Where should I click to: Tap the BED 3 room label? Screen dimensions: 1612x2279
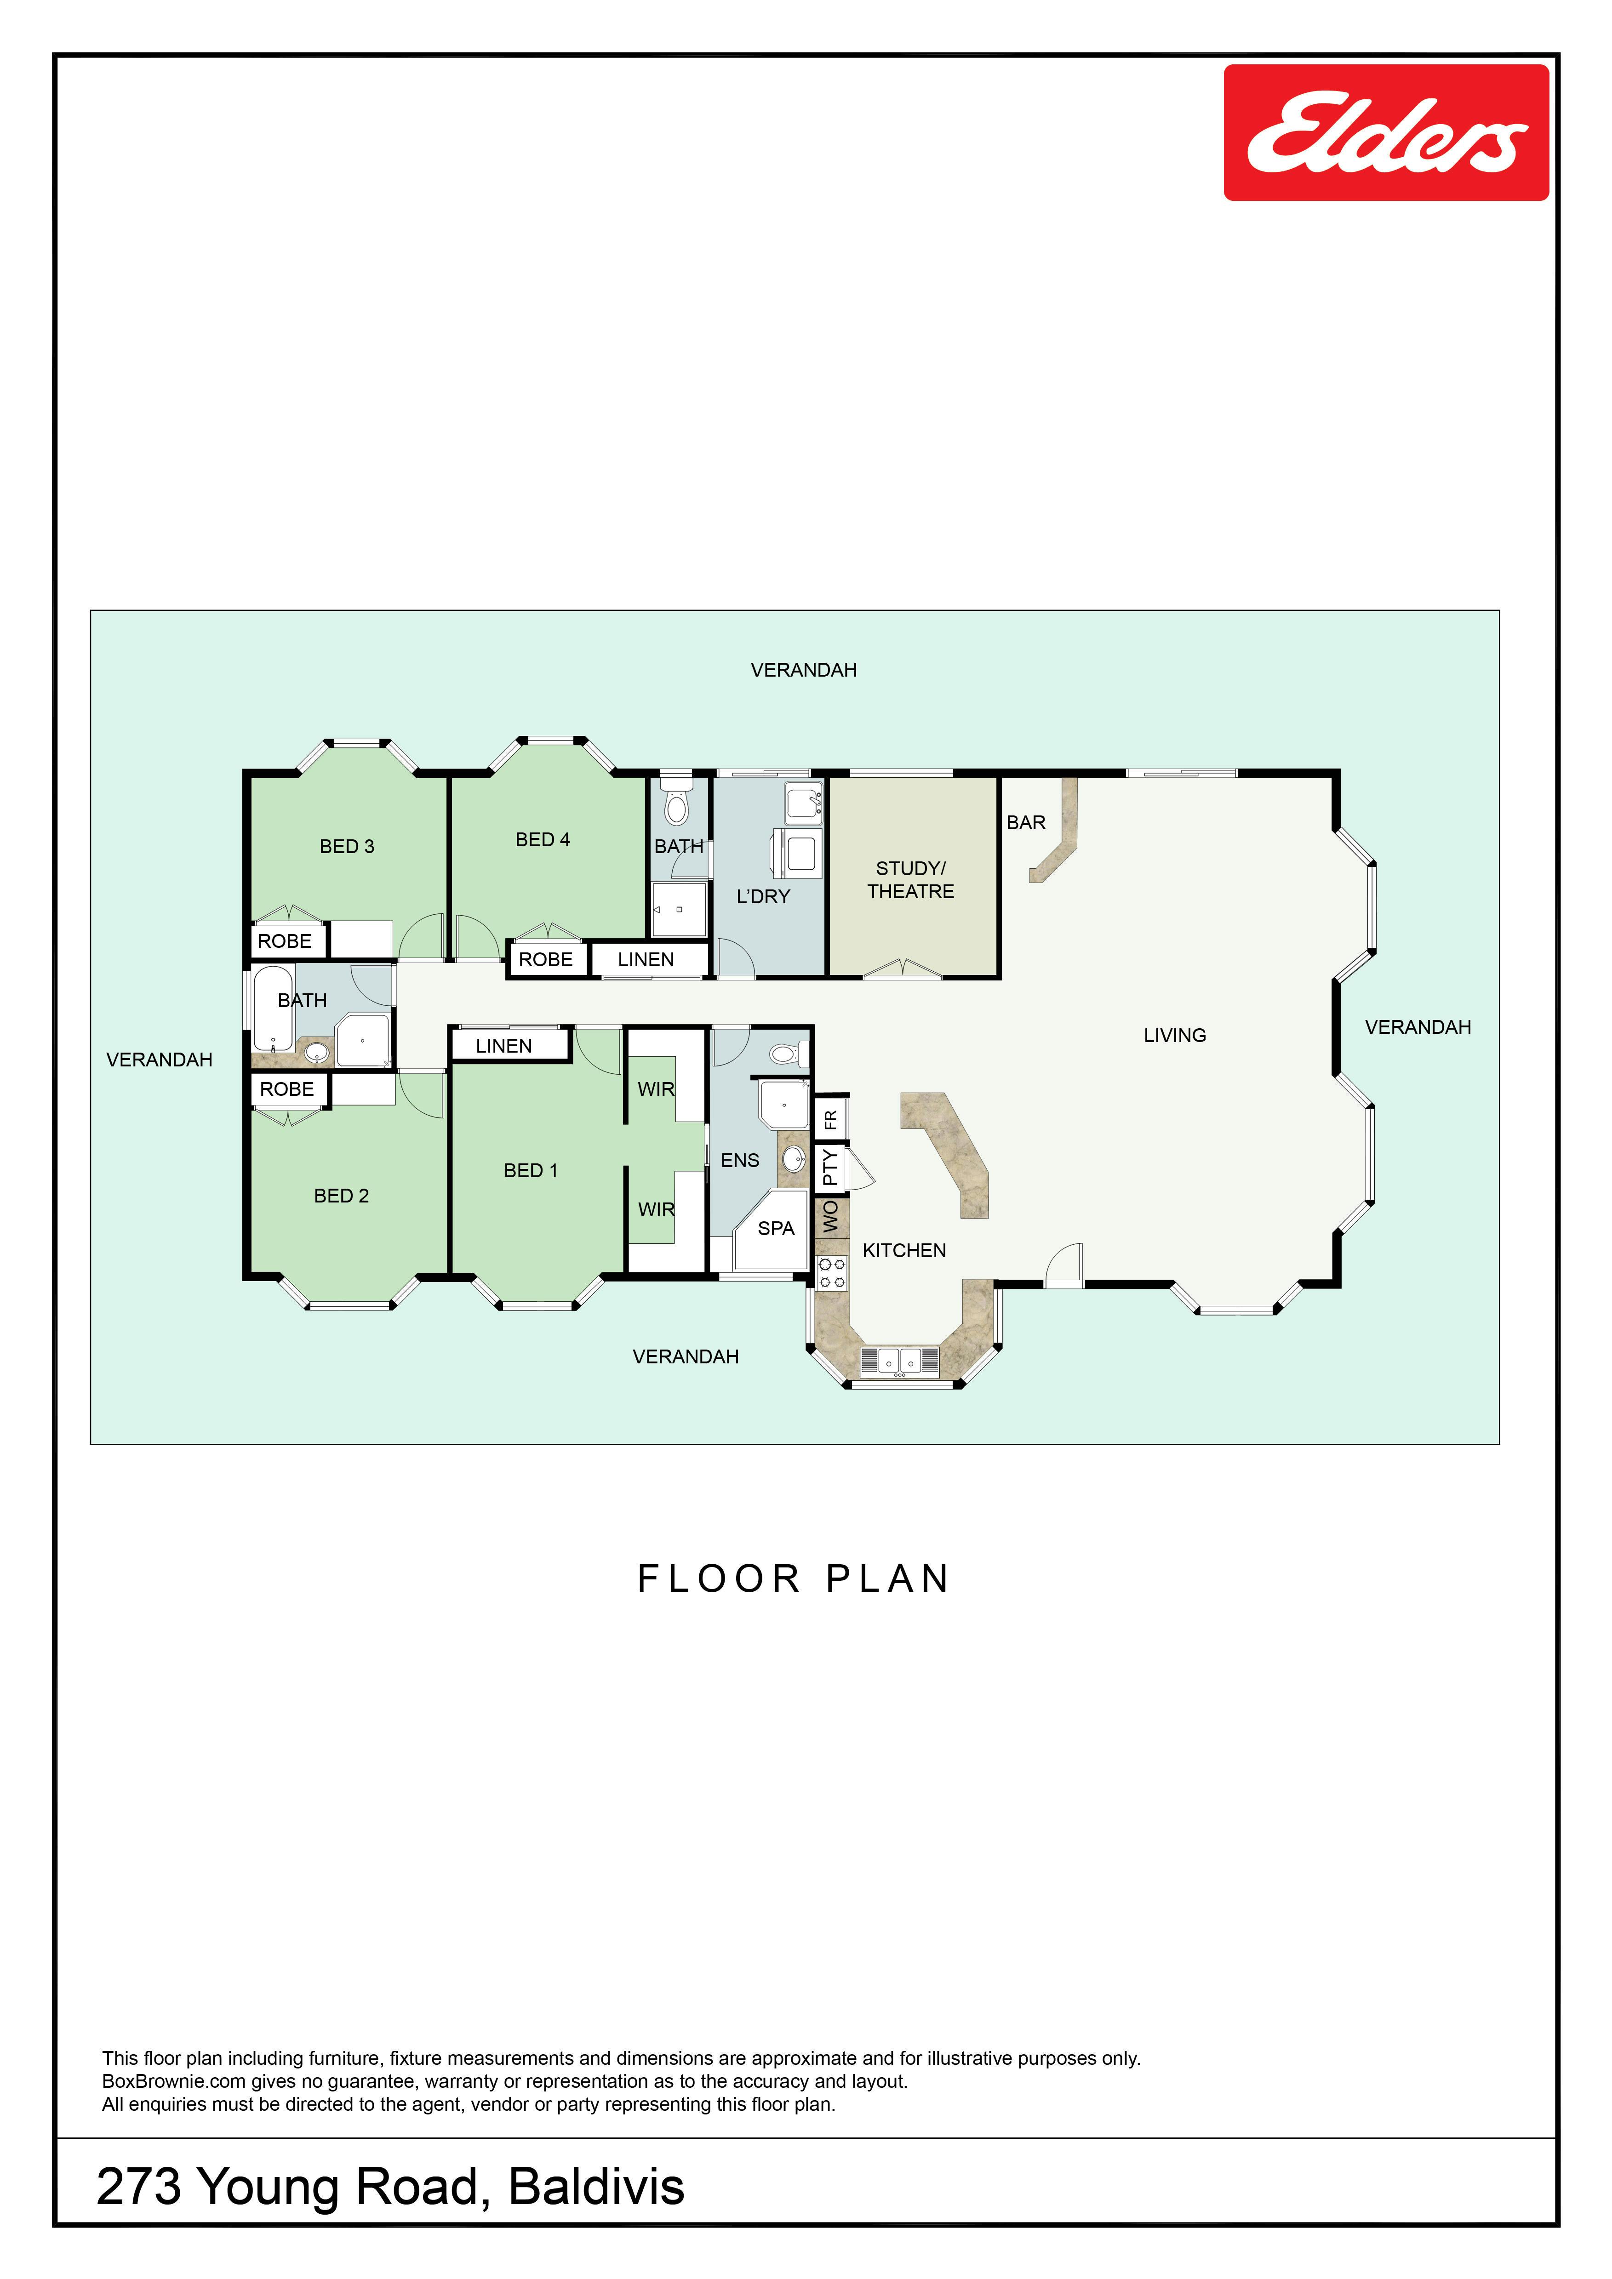346,847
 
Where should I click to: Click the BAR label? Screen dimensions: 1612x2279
1025,823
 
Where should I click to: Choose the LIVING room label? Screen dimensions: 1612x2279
1174,1035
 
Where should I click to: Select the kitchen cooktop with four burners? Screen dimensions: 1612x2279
832,1272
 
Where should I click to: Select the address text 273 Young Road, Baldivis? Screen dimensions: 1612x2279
390,2187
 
